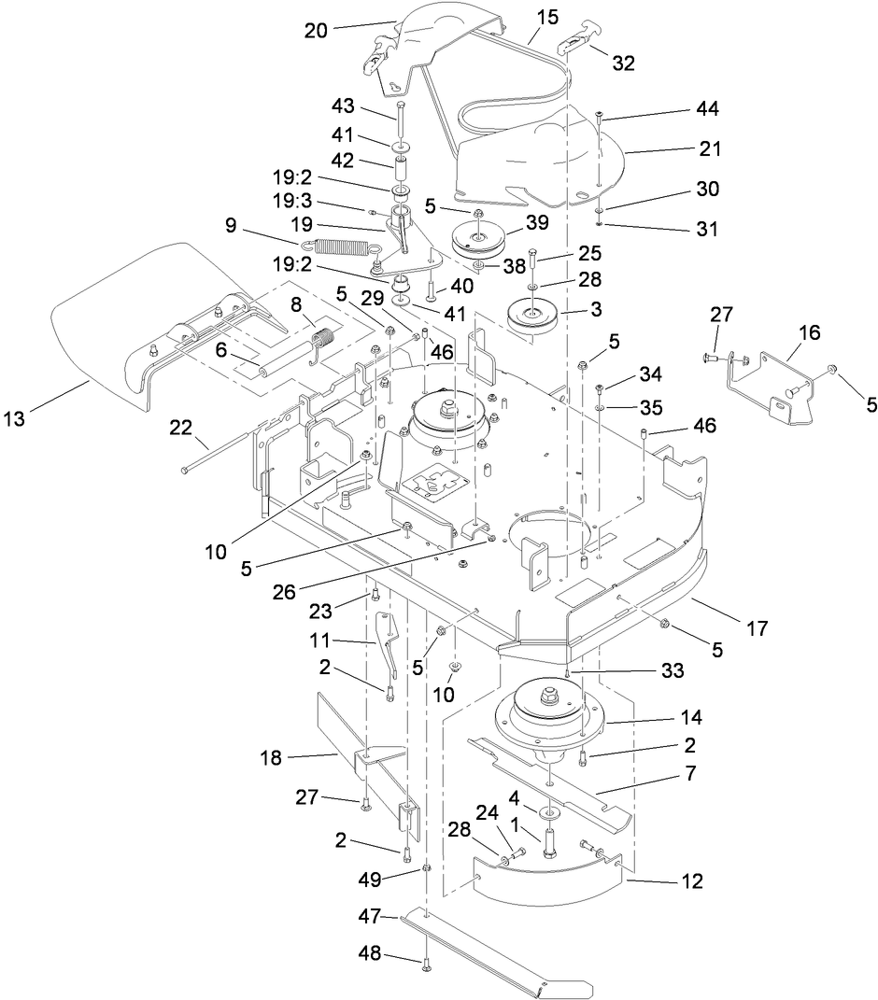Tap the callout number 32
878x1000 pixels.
[623, 63]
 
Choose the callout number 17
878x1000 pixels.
[757, 628]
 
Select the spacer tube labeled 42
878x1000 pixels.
[403, 174]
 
